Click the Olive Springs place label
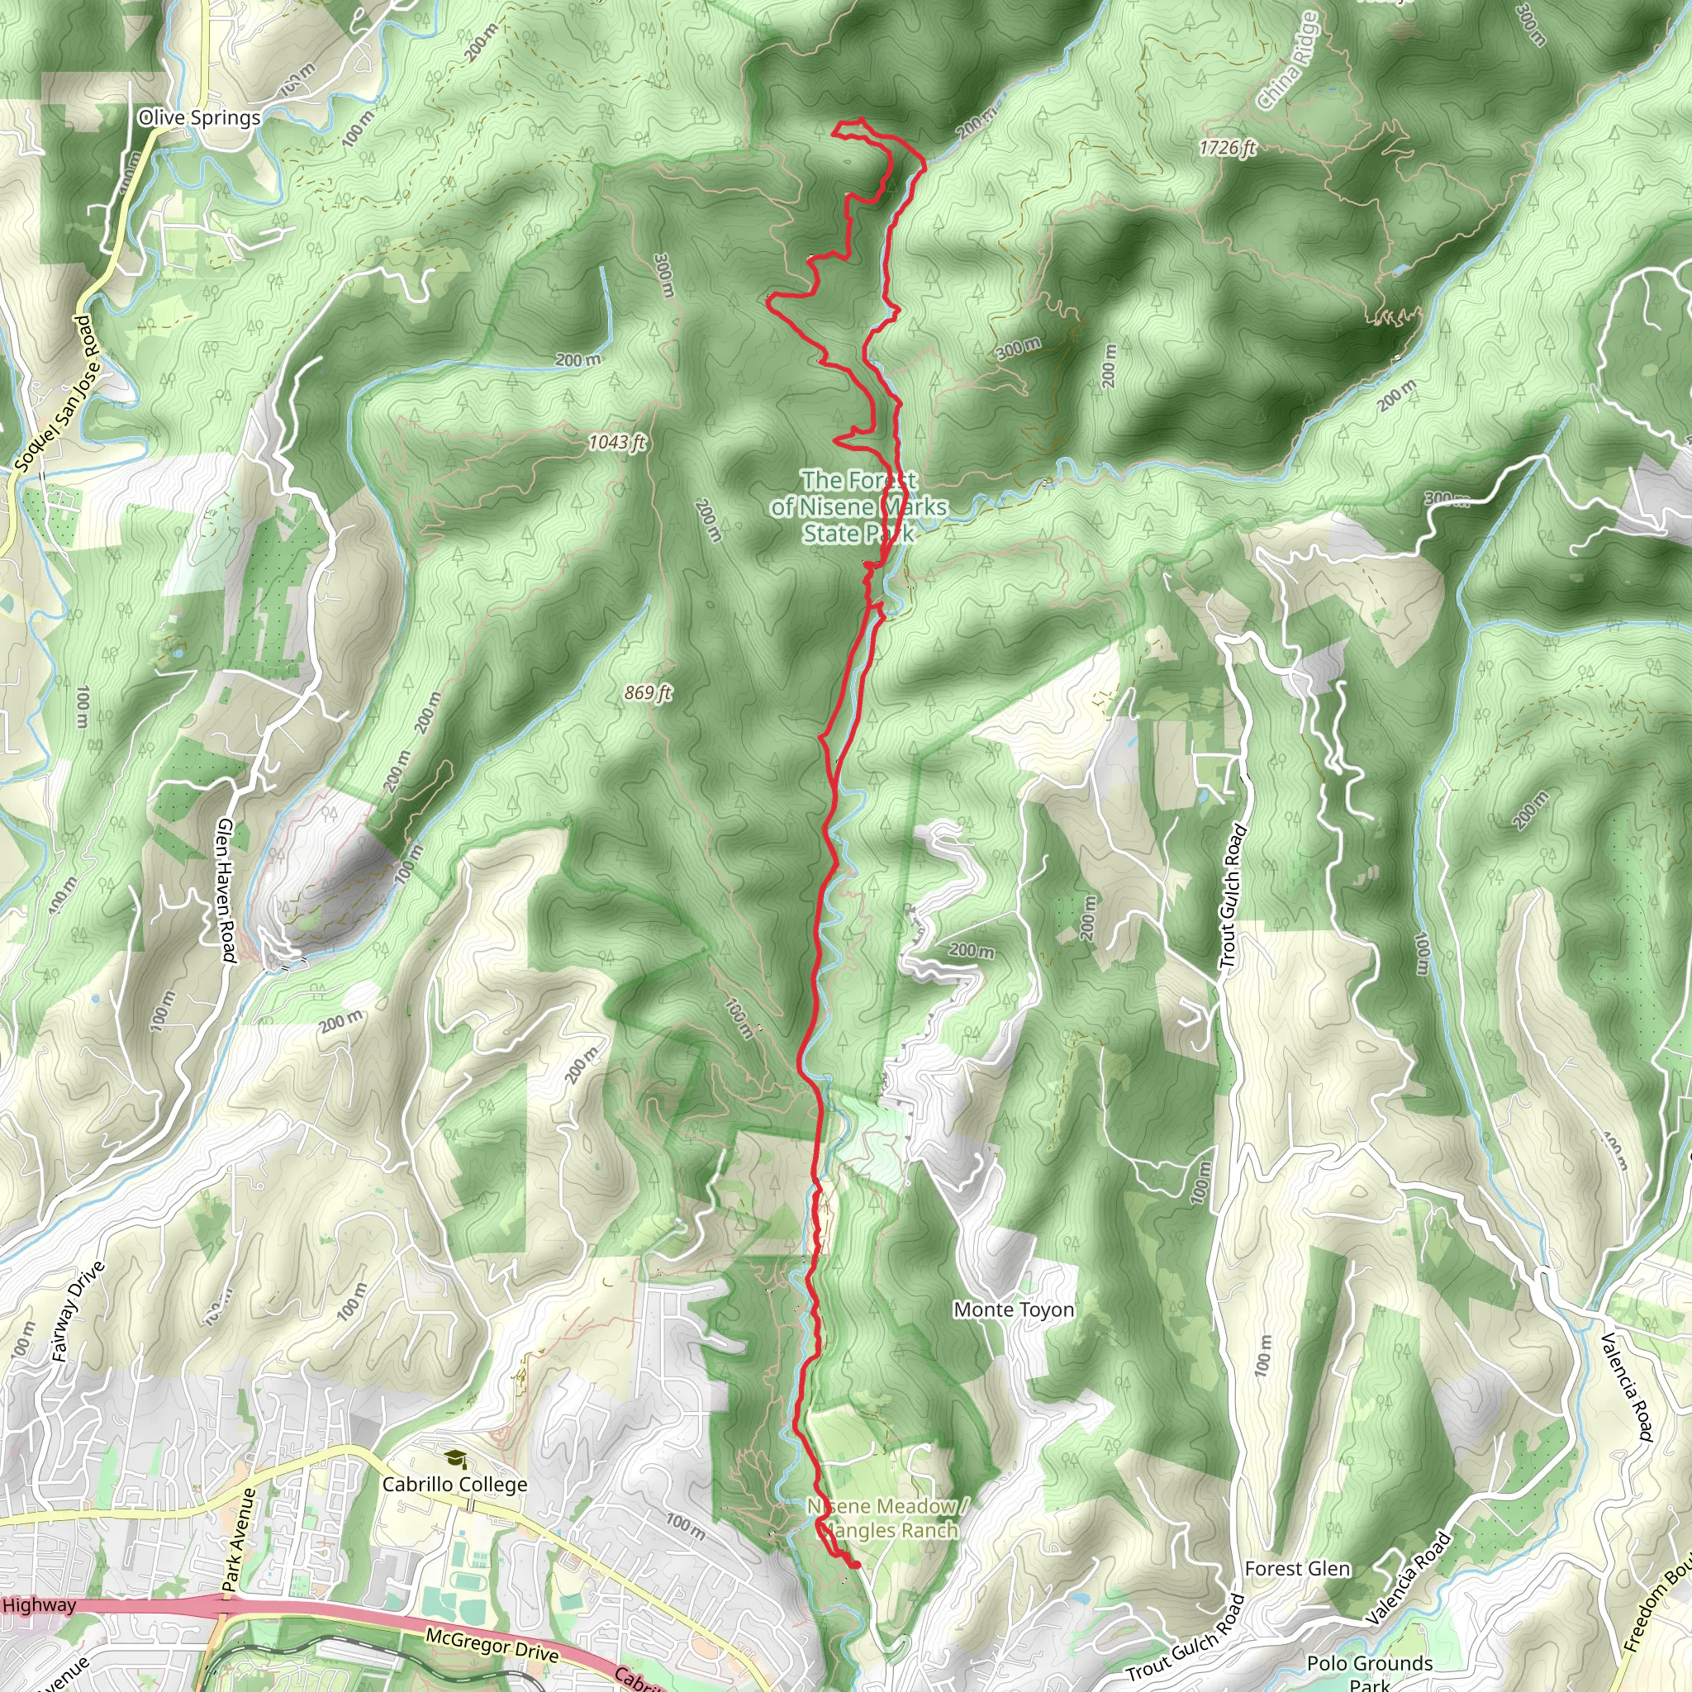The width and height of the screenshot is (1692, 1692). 199,117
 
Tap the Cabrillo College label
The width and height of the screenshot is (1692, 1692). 454,1484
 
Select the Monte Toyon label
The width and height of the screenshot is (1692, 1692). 1013,1309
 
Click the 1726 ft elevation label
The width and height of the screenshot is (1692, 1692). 1228,147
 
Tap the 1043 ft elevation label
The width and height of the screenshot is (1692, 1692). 616,441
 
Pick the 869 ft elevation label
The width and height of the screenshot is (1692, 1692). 648,692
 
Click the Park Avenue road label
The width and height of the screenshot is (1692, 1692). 238,1538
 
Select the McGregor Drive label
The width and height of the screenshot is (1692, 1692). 492,1644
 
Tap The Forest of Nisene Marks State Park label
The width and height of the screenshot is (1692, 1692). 859,506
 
